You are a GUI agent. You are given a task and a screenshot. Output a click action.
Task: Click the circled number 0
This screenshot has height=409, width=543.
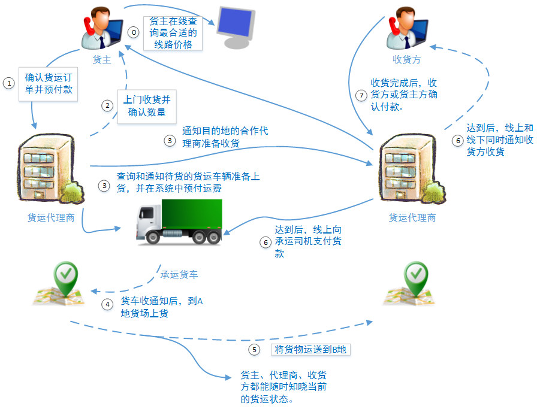(134, 32)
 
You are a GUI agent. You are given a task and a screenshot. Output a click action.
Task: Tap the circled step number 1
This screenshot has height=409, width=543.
(8, 83)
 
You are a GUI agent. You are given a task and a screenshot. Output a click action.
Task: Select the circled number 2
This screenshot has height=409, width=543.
(107, 106)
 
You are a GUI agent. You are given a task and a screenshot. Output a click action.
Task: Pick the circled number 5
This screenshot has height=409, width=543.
(254, 350)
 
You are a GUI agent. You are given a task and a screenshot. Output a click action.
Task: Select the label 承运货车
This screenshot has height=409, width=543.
(179, 275)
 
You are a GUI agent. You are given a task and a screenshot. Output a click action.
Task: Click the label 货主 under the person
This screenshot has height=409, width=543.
(101, 60)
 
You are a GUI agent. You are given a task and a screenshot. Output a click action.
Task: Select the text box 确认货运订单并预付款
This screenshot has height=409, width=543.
(48, 83)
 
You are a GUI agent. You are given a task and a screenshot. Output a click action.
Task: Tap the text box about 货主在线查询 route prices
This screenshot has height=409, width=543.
(173, 33)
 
